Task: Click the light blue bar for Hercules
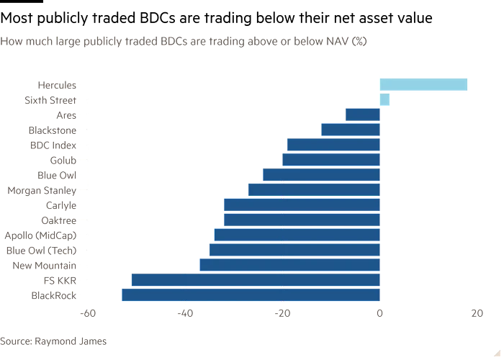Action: point(423,85)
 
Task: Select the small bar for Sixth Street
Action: point(384,99)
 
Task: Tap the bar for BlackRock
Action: point(251,294)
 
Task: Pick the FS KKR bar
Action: point(255,279)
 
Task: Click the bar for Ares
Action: point(362,114)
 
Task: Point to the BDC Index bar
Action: point(333,145)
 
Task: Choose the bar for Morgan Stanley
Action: point(313,190)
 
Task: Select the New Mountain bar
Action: point(289,265)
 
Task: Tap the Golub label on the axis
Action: point(63,160)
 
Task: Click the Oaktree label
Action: point(61,220)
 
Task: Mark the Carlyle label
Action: point(62,205)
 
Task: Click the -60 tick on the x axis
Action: point(87,312)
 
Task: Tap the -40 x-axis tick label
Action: point(184,312)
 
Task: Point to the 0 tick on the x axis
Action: point(379,312)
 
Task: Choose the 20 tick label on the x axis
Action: point(477,312)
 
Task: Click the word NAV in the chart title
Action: point(333,42)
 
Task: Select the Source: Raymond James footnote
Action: point(53,341)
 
